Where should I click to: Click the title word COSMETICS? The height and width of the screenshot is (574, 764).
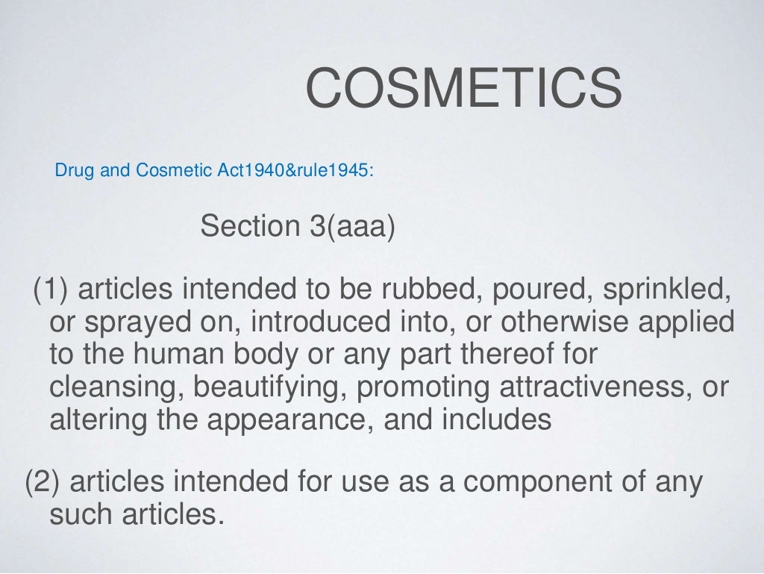pos(463,87)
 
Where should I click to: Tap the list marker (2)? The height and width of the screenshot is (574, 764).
pos(45,483)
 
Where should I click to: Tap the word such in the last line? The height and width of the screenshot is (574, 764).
pos(81,515)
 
